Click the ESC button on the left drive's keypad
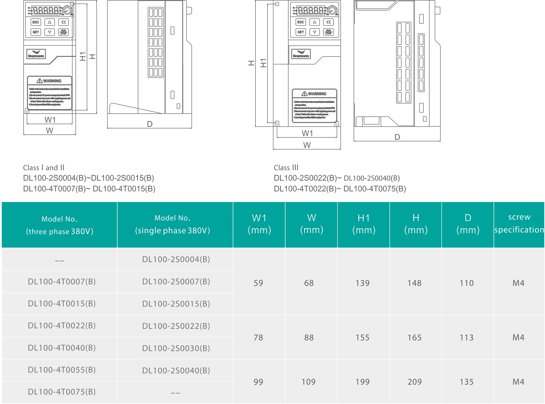click(x=36, y=22)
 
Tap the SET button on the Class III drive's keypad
click(x=301, y=32)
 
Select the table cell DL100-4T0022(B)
click(x=62, y=325)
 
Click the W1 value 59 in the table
click(x=258, y=283)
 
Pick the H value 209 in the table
click(x=415, y=382)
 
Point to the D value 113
click(x=467, y=337)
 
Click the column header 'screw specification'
click(x=519, y=223)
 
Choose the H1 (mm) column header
click(x=364, y=224)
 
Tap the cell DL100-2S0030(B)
click(x=176, y=348)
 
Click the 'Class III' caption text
click(x=286, y=168)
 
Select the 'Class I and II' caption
click(x=44, y=168)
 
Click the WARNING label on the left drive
click(x=50, y=81)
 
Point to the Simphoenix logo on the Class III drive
click(x=301, y=54)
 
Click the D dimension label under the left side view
click(x=150, y=124)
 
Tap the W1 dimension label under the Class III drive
click(x=307, y=133)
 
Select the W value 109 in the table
click(x=309, y=382)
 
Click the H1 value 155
click(x=362, y=337)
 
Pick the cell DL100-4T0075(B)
click(x=62, y=392)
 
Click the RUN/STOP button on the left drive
click(x=63, y=32)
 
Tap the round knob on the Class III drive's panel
click(x=332, y=10)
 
